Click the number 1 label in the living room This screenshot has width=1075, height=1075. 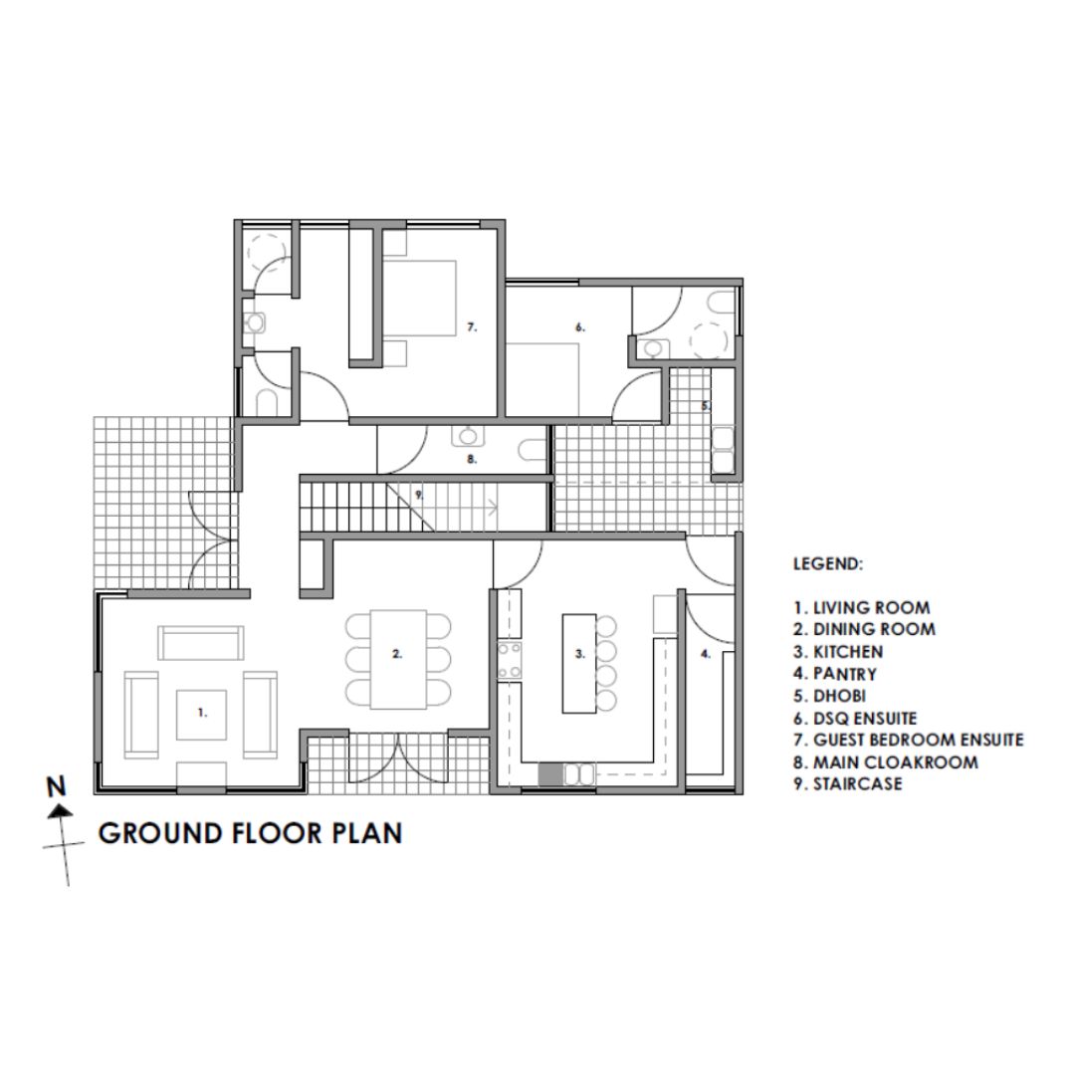(x=202, y=713)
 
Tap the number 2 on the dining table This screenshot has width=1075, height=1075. (x=397, y=654)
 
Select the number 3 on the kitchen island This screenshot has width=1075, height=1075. (x=580, y=654)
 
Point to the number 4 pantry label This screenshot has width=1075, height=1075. (x=706, y=654)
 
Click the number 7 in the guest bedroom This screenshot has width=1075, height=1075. (x=472, y=327)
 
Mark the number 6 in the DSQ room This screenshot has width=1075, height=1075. (x=580, y=327)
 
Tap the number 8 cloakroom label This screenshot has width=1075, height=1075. (x=472, y=459)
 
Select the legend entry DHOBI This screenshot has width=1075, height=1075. (x=829, y=696)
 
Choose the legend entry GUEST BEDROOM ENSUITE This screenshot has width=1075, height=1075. (x=909, y=740)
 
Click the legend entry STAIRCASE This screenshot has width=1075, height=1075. (x=848, y=783)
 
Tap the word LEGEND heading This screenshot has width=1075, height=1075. (x=828, y=564)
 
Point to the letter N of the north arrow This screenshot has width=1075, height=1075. (x=56, y=786)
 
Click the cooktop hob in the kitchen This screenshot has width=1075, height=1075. (x=510, y=660)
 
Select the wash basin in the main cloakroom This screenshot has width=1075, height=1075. (x=468, y=435)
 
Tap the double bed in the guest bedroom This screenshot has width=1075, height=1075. (x=419, y=299)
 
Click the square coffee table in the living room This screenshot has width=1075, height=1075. (x=201, y=715)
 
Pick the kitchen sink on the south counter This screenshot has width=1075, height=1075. (x=579, y=774)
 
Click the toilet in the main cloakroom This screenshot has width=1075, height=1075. (x=533, y=450)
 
